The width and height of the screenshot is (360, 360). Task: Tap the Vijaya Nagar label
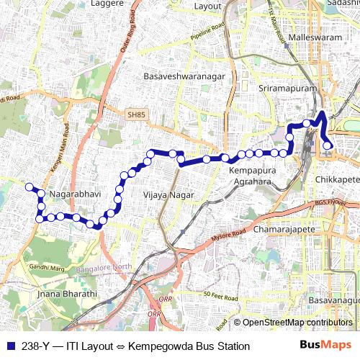(165, 194)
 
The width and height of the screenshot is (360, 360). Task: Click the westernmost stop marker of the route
(30, 187)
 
